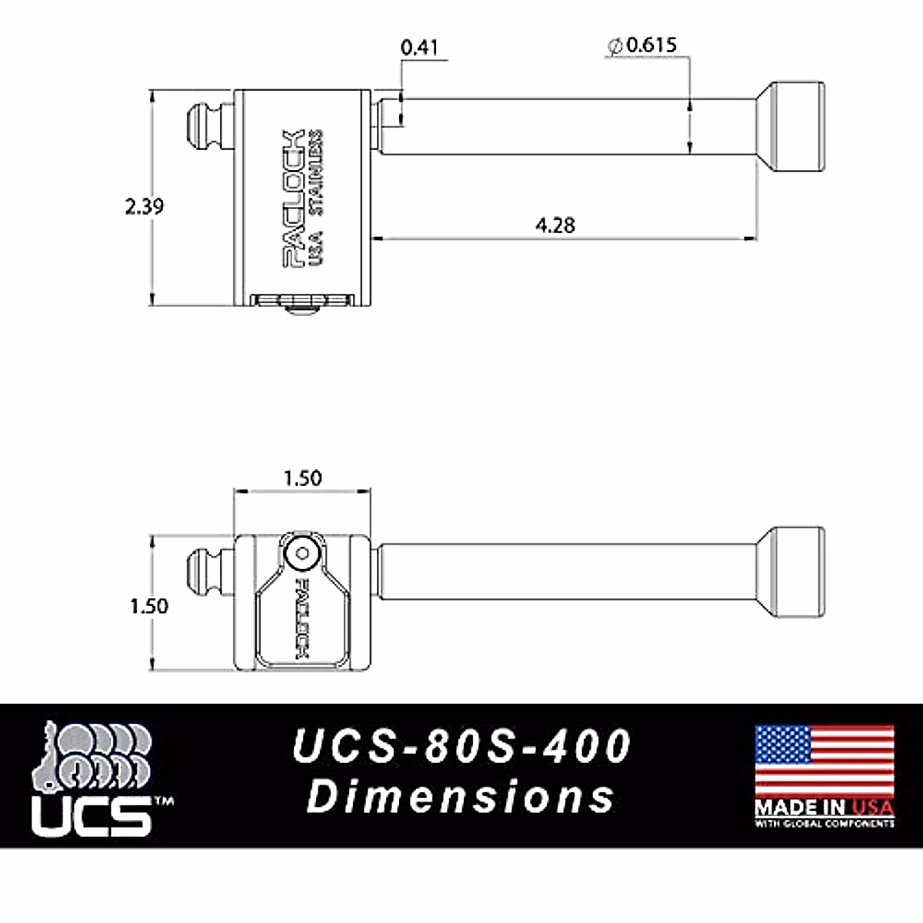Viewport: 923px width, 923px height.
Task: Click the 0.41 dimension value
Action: (420, 48)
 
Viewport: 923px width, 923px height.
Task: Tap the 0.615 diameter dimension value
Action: (651, 45)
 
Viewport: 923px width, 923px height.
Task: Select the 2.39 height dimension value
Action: (144, 206)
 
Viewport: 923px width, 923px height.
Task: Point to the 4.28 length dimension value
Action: (555, 225)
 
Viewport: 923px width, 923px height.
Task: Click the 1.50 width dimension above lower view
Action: (303, 478)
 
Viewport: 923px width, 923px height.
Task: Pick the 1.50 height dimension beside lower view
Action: (149, 606)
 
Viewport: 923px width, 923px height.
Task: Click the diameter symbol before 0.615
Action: (615, 46)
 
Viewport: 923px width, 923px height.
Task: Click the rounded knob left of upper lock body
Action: (206, 126)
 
